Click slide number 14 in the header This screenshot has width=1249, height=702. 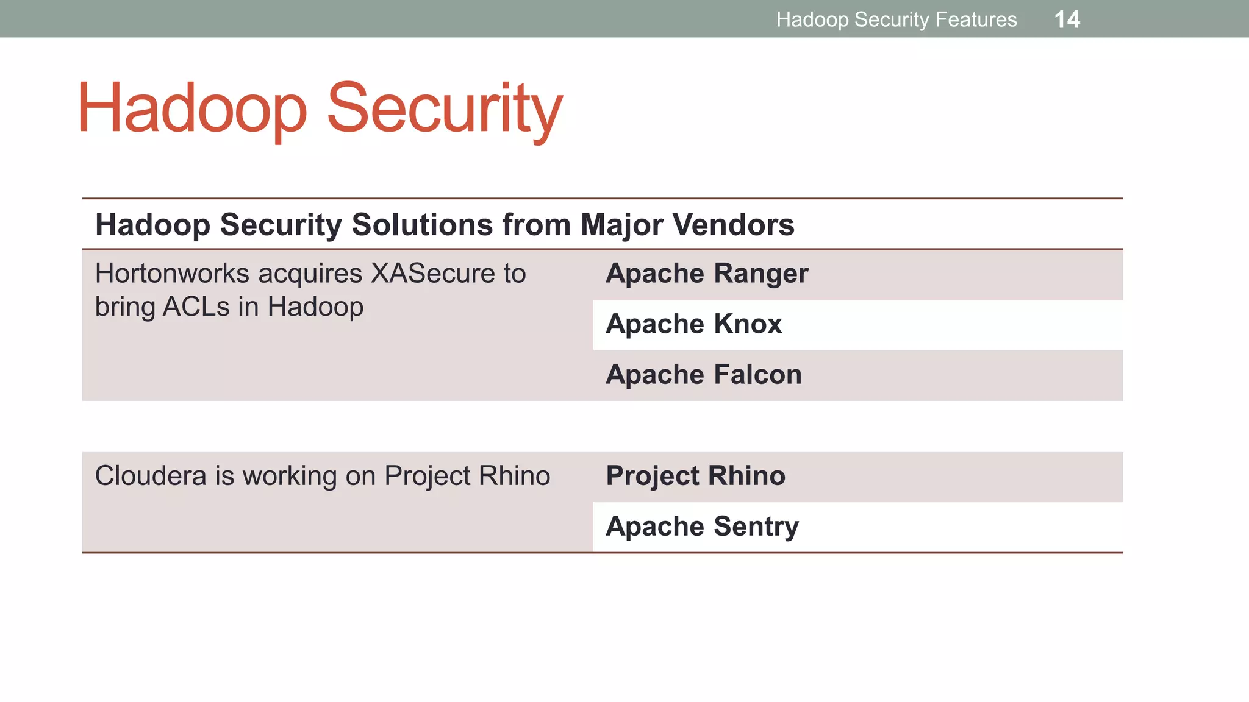[1067, 19]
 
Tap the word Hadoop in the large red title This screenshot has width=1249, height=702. [192, 110]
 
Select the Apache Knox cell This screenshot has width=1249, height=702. [693, 324]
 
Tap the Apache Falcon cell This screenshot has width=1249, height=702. [703, 375]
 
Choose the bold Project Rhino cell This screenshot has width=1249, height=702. [695, 476]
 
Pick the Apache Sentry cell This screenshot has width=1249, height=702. [702, 526]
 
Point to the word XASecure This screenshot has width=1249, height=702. [434, 274]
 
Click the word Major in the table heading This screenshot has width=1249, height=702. [621, 224]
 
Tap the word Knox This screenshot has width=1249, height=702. [748, 324]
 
